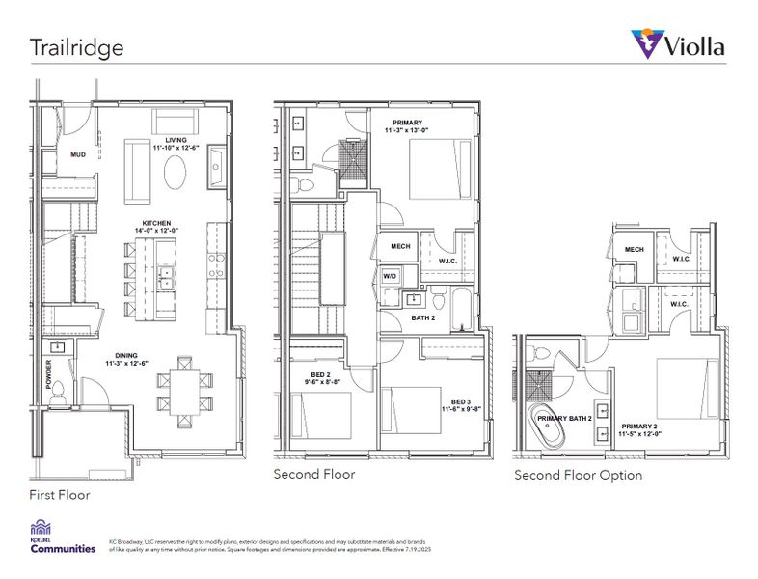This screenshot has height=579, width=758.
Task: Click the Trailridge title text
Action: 75,45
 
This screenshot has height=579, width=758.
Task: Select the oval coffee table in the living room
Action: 176,176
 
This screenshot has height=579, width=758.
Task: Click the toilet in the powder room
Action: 57,390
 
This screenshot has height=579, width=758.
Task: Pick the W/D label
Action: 392,277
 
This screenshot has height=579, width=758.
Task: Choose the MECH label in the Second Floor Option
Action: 634,249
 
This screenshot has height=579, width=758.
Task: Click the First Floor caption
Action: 59,495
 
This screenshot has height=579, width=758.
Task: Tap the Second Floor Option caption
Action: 578,475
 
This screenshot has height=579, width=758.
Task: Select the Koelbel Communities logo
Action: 64,537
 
